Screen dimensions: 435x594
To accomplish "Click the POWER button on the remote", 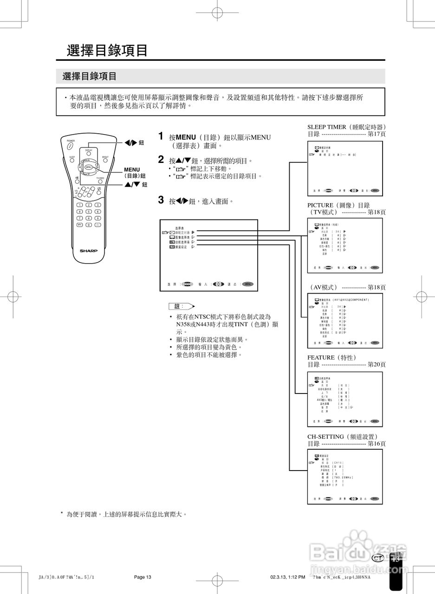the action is pyautogui.click(x=71, y=146).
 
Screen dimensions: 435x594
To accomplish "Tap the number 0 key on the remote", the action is pyautogui.click(x=88, y=225).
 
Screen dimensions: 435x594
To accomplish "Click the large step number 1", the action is pyautogui.click(x=161, y=136).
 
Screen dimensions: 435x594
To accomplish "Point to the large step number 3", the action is pyautogui.click(x=161, y=200).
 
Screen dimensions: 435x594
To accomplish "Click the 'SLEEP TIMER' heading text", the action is pyautogui.click(x=327, y=127).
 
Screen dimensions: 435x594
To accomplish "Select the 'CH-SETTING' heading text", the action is pyautogui.click(x=327, y=437).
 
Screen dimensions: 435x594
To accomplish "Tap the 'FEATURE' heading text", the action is pyautogui.click(x=321, y=357).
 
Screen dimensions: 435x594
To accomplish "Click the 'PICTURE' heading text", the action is pyautogui.click(x=320, y=205).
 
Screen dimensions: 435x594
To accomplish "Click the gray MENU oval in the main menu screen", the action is pyautogui.click(x=248, y=284).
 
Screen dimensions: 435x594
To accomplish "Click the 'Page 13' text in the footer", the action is pyautogui.click(x=143, y=577).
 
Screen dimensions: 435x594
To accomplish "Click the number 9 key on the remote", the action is pyautogui.click(x=97, y=218).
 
